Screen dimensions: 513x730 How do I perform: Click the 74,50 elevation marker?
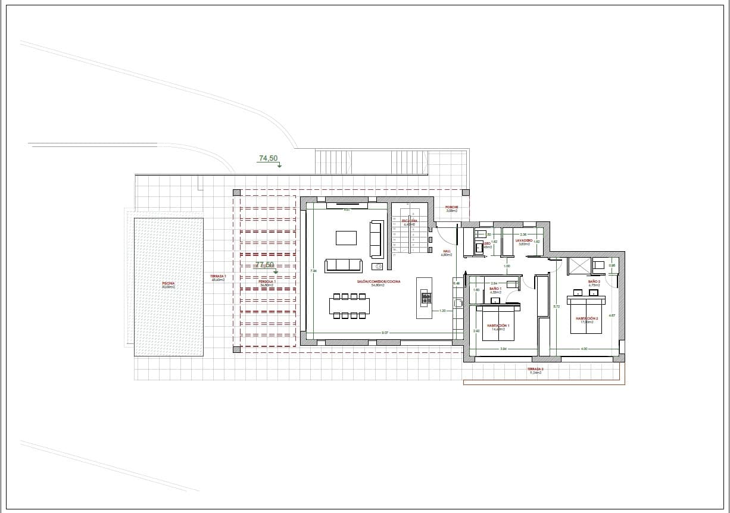268,159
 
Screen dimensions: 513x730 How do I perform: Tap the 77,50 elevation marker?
264,265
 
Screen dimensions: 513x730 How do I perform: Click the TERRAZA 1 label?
219,277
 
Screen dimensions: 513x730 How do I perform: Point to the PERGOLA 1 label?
266,283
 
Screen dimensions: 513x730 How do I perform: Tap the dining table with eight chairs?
350,305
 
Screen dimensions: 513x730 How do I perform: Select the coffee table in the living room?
346,238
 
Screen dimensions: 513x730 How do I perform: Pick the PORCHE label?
452,208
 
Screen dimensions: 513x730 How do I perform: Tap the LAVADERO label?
524,241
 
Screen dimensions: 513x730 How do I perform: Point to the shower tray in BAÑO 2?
578,265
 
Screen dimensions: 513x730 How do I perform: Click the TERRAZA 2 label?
535,370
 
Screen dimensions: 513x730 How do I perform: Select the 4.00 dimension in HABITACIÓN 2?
584,349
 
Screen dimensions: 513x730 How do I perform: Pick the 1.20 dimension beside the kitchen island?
442,311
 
